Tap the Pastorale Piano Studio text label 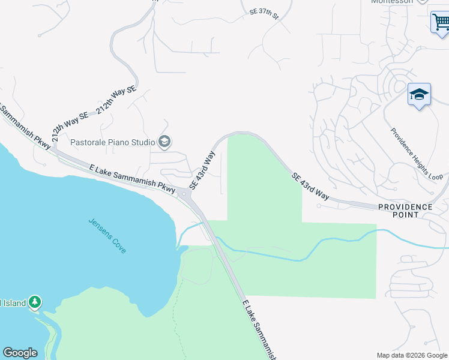point(113,142)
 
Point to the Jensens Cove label point(107,235)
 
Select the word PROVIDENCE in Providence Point point(405,207)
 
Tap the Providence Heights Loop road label point(416,154)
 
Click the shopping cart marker point(441,23)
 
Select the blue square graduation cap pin point(419,95)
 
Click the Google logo point(20,353)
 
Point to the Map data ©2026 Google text point(412,355)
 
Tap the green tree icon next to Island point(35,302)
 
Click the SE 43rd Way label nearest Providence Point point(311,187)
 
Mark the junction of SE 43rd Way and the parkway point(183,193)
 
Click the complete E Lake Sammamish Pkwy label point(131,178)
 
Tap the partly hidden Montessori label point(393,2)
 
